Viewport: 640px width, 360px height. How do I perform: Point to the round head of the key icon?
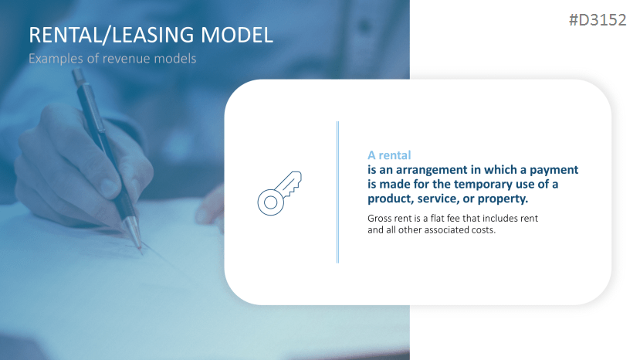tap(269, 202)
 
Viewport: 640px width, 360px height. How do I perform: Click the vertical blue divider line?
tap(337, 192)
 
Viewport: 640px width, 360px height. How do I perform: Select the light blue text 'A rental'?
tap(389, 155)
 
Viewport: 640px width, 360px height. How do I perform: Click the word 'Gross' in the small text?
tap(381, 219)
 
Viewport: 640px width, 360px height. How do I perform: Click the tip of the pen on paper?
tap(141, 248)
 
